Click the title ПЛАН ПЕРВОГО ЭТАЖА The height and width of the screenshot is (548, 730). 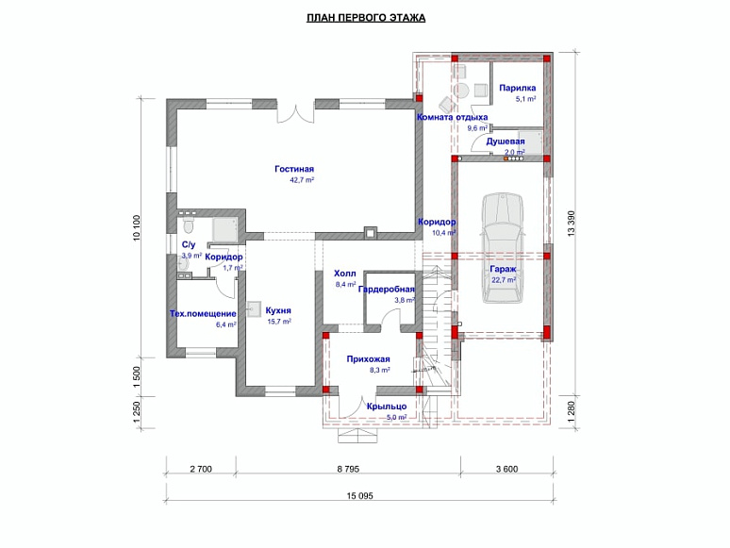click(x=366, y=18)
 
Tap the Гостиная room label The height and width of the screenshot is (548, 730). click(x=293, y=168)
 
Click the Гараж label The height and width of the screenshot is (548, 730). click(x=502, y=269)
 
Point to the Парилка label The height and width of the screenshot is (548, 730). click(x=518, y=88)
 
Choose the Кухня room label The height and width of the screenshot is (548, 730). click(x=277, y=309)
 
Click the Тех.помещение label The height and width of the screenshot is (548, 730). click(x=203, y=313)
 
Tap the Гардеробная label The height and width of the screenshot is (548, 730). click(x=387, y=290)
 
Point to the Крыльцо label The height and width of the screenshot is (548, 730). click(x=387, y=406)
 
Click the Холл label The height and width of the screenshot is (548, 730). click(x=345, y=274)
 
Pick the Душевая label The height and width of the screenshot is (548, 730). click(x=505, y=141)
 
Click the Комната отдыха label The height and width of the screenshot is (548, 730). click(x=452, y=117)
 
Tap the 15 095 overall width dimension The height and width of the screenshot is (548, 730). click(x=359, y=496)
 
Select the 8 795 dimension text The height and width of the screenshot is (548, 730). click(x=348, y=468)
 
